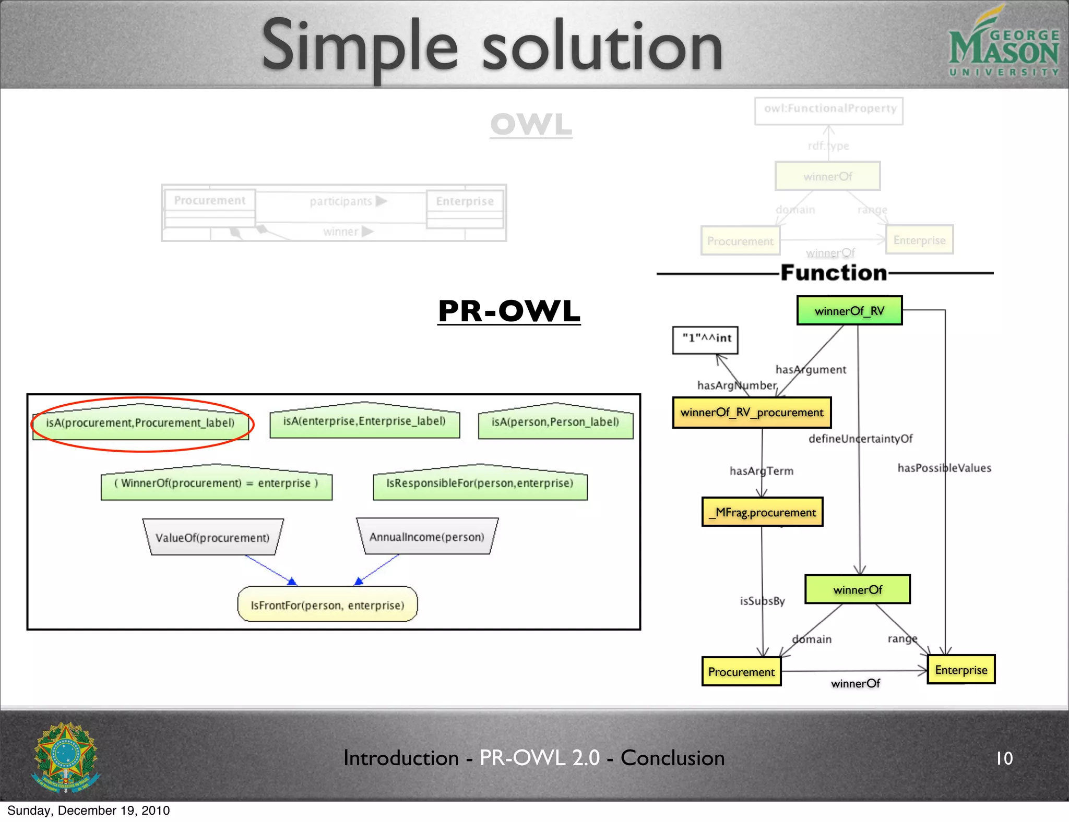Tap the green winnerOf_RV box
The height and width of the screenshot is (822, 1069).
pos(849,311)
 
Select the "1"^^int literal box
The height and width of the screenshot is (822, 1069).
pos(705,340)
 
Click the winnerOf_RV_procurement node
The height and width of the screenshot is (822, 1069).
pos(752,413)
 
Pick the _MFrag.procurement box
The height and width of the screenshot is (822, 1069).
pos(762,512)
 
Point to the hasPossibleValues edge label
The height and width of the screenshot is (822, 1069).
pos(944,468)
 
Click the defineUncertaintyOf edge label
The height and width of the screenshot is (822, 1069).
pos(860,439)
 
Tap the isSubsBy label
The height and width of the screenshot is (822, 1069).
pos(762,601)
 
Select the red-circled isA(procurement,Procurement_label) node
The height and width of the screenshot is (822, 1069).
pos(140,423)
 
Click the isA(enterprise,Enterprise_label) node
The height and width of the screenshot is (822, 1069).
pos(364,421)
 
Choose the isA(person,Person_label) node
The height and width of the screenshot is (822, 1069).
pos(555,422)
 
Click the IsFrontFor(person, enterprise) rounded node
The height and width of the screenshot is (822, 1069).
pos(327,605)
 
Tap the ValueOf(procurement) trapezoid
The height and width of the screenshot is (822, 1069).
pos(212,538)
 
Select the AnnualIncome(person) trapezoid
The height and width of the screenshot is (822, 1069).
pos(427,537)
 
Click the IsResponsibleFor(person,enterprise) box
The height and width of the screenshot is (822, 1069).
pos(480,483)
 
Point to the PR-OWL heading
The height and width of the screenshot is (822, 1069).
pos(509,311)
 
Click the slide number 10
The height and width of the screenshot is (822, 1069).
pos(1004,758)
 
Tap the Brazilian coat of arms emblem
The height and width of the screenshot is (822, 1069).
pos(66,757)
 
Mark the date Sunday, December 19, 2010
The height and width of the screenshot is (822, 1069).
pos(89,811)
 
